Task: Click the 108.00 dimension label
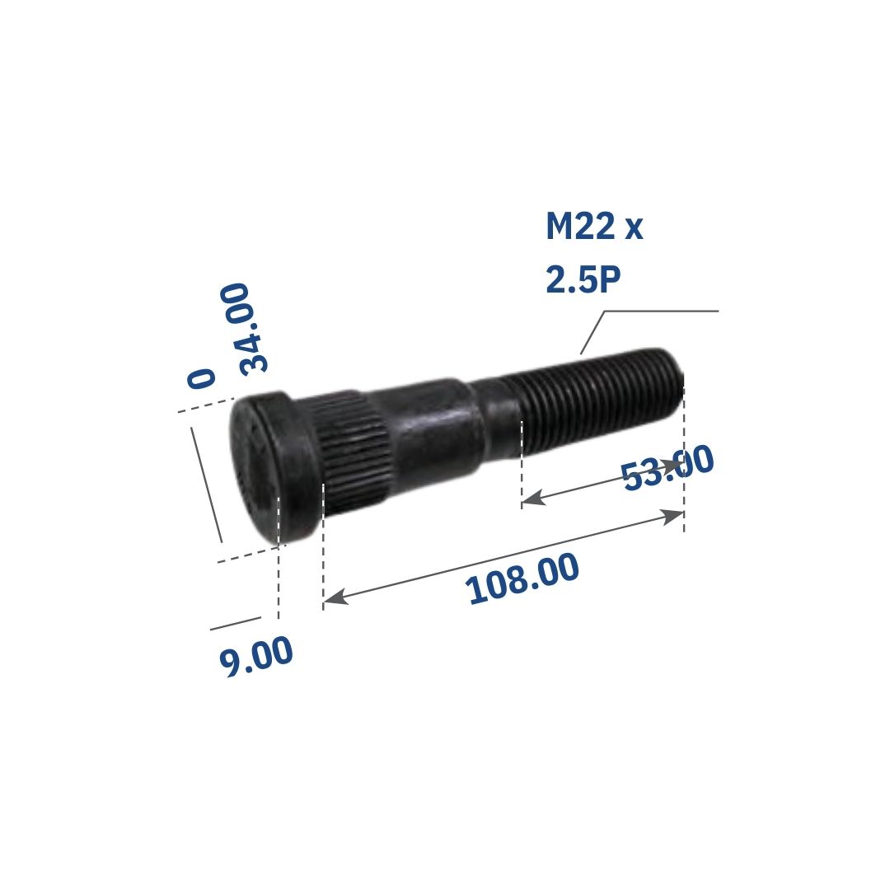coord(522,578)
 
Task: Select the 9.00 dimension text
coord(256,656)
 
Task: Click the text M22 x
coord(594,227)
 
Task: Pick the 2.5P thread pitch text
coord(583,279)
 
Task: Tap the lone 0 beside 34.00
coord(202,378)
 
